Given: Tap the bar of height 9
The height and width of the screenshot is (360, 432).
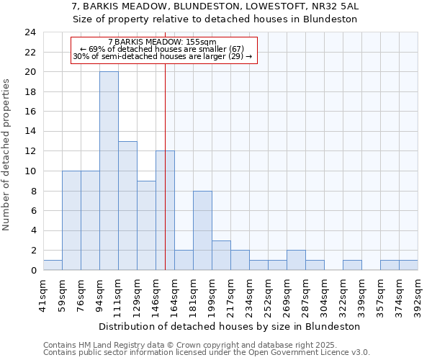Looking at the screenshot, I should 146,225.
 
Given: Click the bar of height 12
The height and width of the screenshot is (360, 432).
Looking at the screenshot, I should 165,210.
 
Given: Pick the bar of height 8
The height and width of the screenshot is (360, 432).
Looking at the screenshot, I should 202,230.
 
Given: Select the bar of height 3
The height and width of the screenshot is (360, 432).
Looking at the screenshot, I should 221,255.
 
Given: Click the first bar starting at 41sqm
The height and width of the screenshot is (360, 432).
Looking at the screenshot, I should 53,265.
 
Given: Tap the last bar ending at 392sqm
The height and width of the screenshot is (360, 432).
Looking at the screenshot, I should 408,265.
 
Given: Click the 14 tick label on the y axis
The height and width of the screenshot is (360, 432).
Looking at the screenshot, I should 30,132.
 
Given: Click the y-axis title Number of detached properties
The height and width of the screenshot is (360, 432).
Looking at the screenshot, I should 7,155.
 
